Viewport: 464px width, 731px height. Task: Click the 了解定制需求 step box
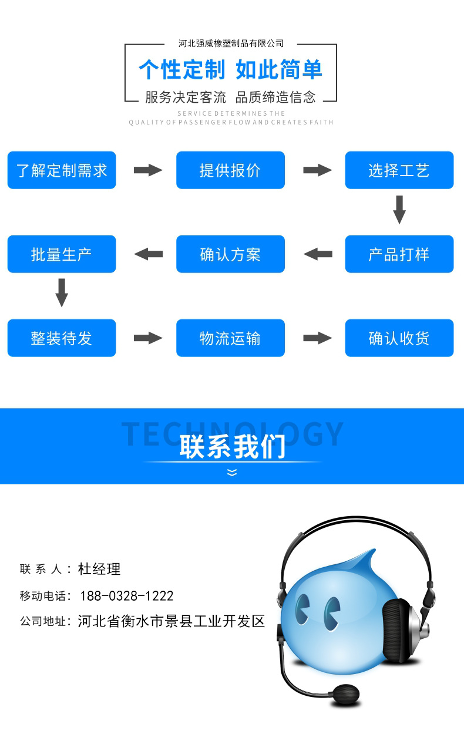tap(62, 170)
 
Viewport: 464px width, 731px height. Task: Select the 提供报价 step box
tap(230, 170)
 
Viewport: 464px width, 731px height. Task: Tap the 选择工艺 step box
tap(399, 170)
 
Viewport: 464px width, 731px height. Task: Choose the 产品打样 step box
tap(399, 254)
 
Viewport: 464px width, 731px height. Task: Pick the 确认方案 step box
tap(230, 254)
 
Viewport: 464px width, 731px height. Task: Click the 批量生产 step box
tap(62, 254)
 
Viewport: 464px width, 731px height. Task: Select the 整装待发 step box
tap(62, 338)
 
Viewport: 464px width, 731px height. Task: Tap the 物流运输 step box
tap(230, 338)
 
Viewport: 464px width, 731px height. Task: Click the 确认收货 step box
tap(399, 338)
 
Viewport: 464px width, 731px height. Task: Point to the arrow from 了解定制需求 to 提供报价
tap(147, 170)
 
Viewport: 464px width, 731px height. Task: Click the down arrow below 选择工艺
tap(399, 210)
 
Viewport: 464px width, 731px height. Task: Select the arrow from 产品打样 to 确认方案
tap(318, 254)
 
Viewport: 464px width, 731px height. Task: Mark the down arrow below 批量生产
tap(62, 292)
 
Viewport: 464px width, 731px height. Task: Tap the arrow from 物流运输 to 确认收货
tap(317, 338)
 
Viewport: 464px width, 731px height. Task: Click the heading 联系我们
tap(232, 446)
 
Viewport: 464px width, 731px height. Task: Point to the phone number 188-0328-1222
tap(126, 596)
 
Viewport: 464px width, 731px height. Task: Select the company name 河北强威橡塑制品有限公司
tap(231, 43)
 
